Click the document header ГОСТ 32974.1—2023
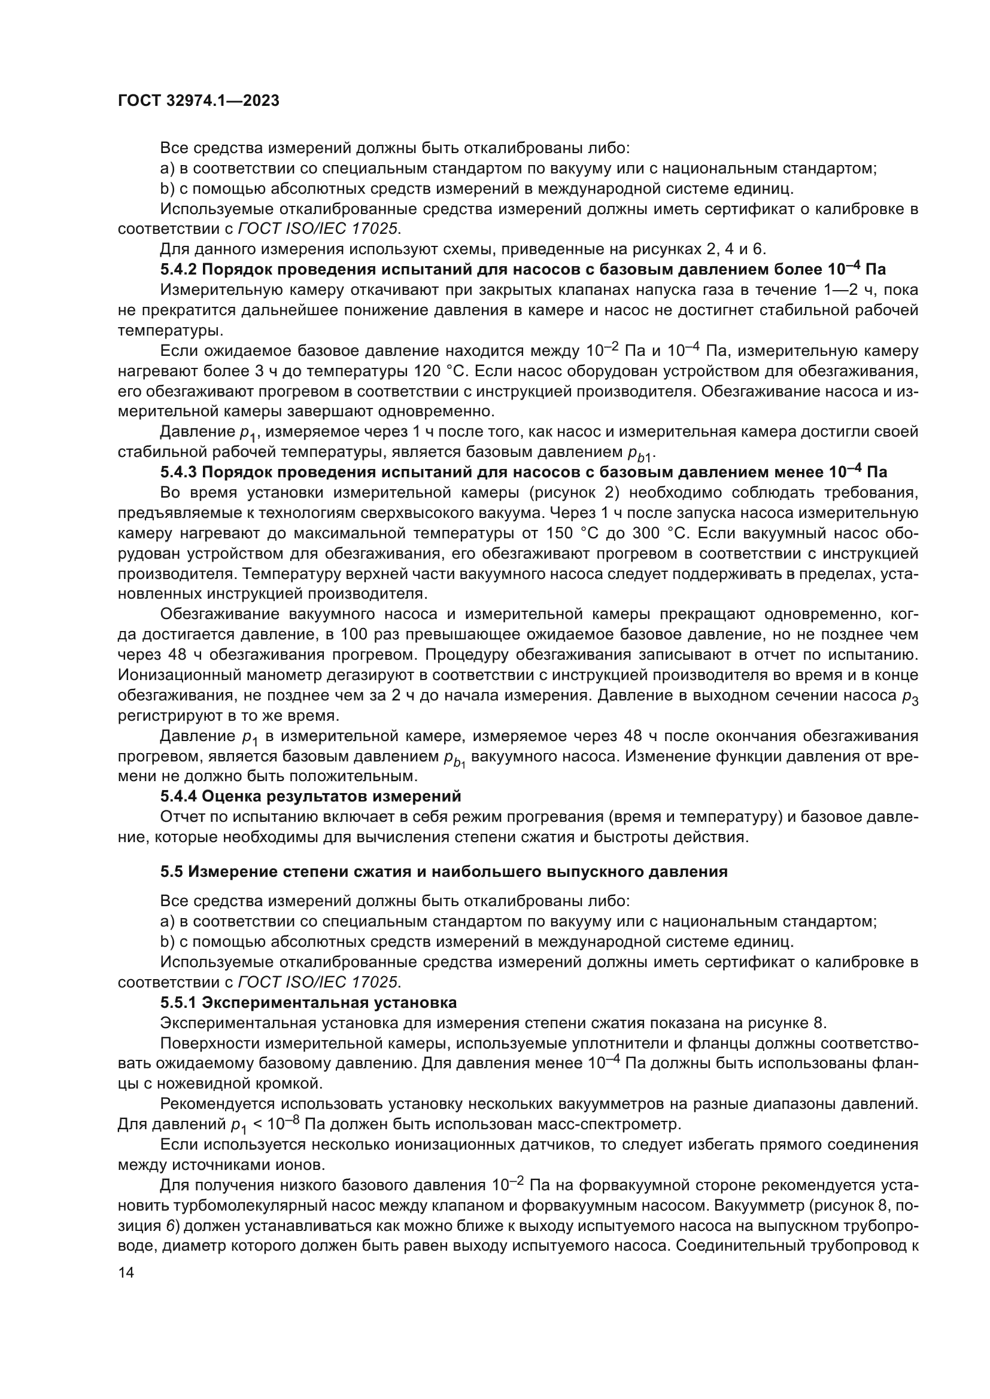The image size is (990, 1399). pyautogui.click(x=198, y=101)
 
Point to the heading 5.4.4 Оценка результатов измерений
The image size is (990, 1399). pyautogui.click(x=310, y=796)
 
